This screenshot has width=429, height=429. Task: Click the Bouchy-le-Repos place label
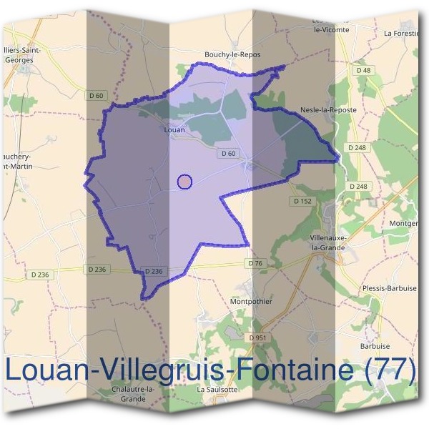232,54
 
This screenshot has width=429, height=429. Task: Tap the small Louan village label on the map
174,130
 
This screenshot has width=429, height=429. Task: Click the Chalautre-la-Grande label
134,393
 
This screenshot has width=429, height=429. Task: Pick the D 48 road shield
363,70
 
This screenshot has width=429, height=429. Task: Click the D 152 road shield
303,202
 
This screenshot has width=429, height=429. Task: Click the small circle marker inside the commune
184,182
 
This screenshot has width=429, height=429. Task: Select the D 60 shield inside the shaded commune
229,153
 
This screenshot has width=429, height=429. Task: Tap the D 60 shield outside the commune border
97,95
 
